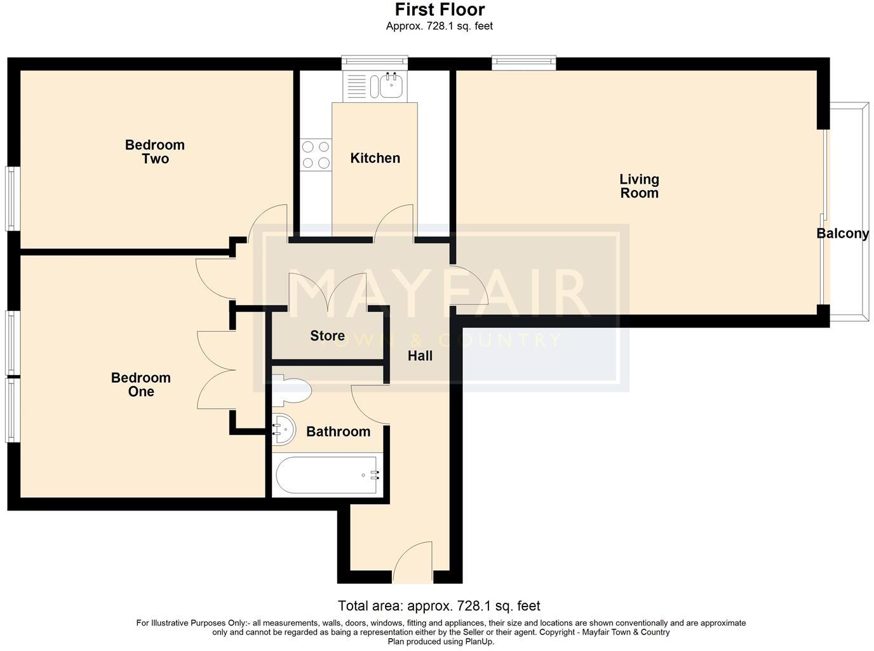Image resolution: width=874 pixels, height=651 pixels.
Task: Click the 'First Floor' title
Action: (x=440, y=10)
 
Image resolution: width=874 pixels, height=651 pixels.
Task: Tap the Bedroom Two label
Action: (x=155, y=152)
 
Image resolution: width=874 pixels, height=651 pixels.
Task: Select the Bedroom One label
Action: (x=141, y=385)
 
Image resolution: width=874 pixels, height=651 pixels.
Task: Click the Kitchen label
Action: (x=375, y=158)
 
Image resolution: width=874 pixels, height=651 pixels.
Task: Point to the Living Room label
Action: (x=639, y=186)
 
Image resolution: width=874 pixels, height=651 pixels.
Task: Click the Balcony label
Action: (x=842, y=234)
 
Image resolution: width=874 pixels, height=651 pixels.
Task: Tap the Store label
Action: (x=327, y=336)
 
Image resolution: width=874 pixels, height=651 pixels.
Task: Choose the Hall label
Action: (x=420, y=356)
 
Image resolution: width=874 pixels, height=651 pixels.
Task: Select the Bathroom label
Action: (x=338, y=432)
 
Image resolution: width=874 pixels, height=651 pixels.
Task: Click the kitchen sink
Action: (x=391, y=86)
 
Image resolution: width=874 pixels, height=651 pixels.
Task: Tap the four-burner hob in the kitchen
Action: (x=316, y=154)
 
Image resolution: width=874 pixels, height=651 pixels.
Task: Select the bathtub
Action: (x=328, y=475)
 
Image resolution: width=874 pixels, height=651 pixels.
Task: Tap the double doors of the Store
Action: (x=327, y=292)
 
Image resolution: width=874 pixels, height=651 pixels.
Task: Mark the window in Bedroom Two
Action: (x=11, y=198)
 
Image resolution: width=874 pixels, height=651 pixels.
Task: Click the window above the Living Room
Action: (x=523, y=62)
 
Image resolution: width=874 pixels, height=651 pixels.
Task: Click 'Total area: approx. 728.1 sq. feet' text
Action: (x=439, y=606)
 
